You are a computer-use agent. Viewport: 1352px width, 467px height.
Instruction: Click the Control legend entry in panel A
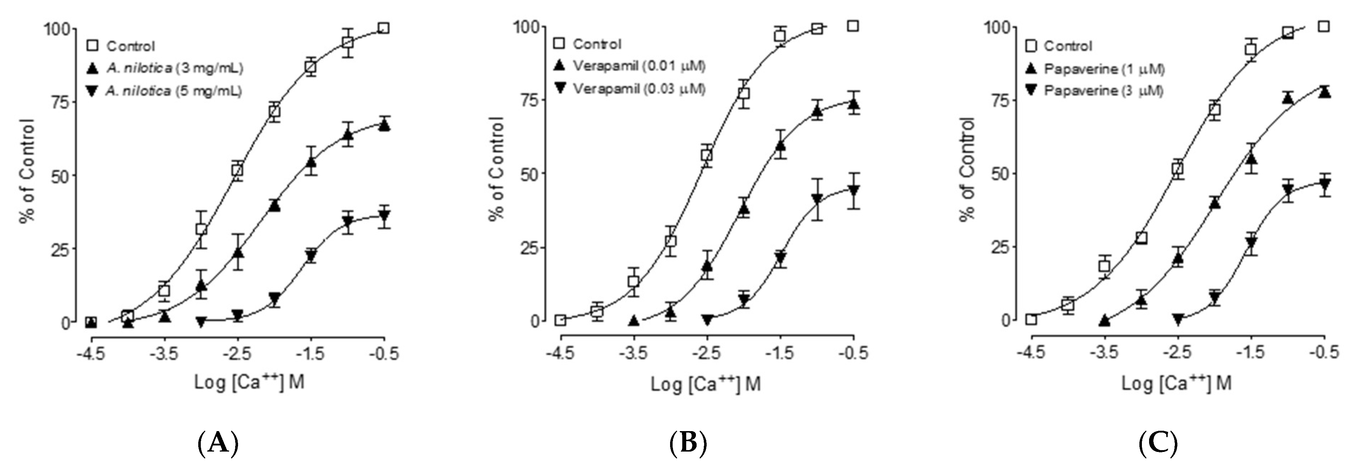click(x=130, y=46)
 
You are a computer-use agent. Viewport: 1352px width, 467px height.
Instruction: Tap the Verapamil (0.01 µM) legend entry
click(x=639, y=66)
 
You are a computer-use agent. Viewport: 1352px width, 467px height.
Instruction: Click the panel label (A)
click(x=218, y=444)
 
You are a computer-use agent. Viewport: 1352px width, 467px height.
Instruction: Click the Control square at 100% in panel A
click(x=384, y=28)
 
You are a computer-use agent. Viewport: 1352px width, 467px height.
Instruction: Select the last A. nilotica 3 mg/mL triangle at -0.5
click(x=384, y=125)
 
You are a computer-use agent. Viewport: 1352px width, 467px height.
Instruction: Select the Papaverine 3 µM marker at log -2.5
click(x=1178, y=319)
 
